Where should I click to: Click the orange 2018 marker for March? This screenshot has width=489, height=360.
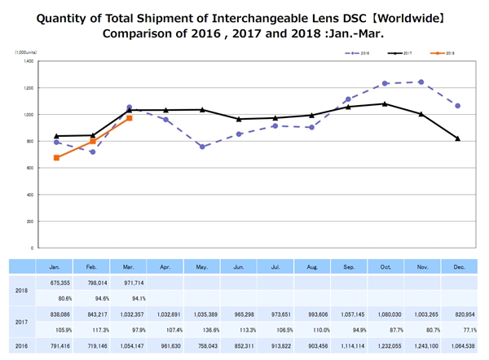point(129,118)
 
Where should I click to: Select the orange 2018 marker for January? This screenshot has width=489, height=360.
point(55,157)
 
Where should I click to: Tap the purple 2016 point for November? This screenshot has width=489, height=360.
point(421,81)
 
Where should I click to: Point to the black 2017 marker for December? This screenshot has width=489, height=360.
point(457,138)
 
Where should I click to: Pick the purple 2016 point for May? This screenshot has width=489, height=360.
point(201,147)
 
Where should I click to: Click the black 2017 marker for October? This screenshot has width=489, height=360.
point(384,103)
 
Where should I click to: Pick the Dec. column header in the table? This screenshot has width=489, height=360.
point(458,266)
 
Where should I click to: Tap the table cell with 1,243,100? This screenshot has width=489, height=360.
point(421,345)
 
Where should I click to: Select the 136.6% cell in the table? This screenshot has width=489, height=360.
point(202,331)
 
